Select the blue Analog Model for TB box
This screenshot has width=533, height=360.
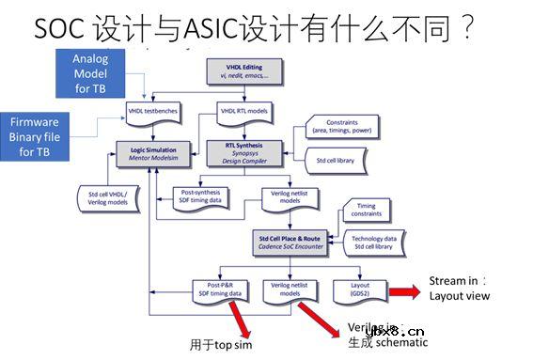[91, 72]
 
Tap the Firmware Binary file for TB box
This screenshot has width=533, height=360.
[35, 136]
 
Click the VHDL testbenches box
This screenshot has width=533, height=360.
[152, 112]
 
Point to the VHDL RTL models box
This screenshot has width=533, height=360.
[243, 112]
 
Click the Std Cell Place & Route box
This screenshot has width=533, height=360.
[290, 242]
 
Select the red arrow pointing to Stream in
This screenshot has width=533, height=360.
[405, 290]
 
